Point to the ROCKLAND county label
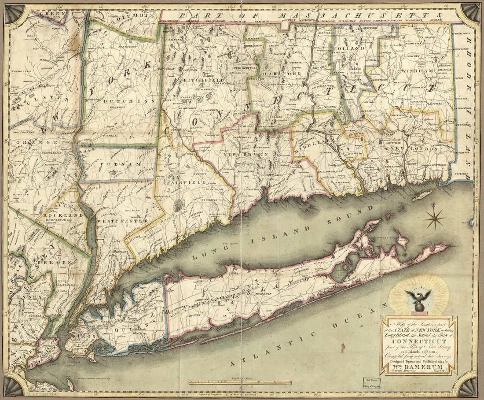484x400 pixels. pos(63,215)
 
